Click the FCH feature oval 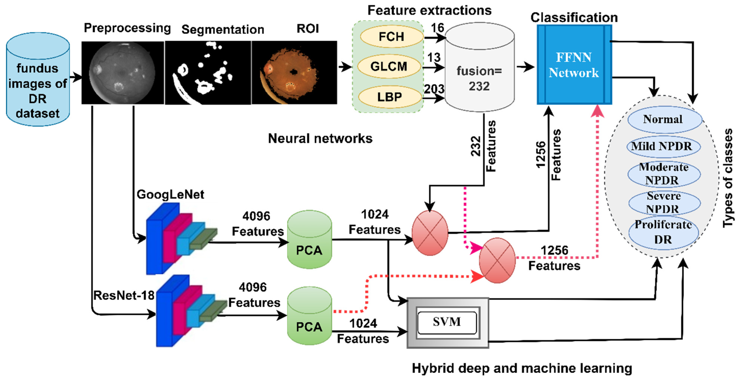391,37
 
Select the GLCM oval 389,66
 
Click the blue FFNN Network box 574,65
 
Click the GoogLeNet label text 170,194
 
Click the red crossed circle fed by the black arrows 430,233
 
